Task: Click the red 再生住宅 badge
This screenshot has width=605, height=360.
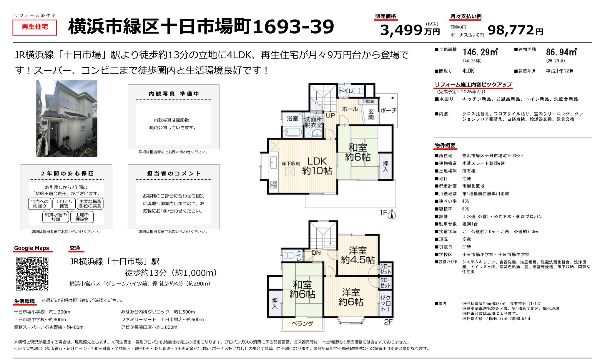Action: pyautogui.click(x=35, y=27)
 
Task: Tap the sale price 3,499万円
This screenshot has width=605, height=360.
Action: pyautogui.click(x=410, y=30)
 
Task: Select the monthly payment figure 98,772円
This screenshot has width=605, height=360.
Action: pyautogui.click(x=515, y=30)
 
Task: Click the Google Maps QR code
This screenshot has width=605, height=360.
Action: pyautogui.click(x=32, y=274)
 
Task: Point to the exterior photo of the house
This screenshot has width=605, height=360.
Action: pyautogui.click(x=67, y=119)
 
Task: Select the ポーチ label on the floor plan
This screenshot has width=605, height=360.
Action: pyautogui.click(x=388, y=110)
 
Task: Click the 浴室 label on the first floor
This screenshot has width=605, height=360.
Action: pyautogui.click(x=292, y=118)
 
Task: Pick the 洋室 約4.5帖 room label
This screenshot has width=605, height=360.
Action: pyautogui.click(x=358, y=255)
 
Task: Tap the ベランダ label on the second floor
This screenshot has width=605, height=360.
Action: pyautogui.click(x=302, y=324)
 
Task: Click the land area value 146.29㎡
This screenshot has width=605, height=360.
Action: pyautogui.click(x=480, y=52)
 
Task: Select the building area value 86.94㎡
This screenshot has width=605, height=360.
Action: pyautogui.click(x=561, y=52)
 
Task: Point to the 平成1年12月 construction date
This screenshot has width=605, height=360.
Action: pyautogui.click(x=560, y=71)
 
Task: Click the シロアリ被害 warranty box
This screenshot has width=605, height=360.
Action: pyautogui.click(x=64, y=204)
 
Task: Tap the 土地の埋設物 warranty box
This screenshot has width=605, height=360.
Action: pyautogui.click(x=82, y=217)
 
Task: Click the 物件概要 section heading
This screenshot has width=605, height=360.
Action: pyautogui.click(x=445, y=145)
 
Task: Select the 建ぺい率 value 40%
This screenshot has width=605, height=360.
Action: pyautogui.click(x=466, y=201)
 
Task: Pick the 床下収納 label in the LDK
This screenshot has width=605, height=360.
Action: pyautogui.click(x=291, y=164)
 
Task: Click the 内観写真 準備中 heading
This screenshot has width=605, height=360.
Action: pyautogui.click(x=174, y=94)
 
